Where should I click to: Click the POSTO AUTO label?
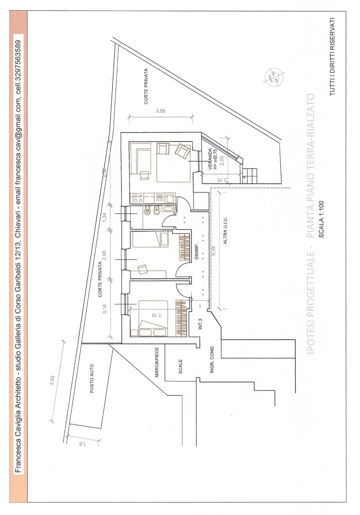coord(92,378)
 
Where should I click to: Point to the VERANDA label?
coord(210,159)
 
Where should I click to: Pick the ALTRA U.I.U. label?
coord(225,230)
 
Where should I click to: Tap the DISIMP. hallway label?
coord(197,251)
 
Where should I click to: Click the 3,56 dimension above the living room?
coord(160,111)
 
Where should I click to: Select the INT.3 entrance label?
coord(200,324)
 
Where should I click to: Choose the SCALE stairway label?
coord(180,366)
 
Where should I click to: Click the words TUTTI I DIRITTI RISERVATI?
coord(333,57)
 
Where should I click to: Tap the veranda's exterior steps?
coord(250,176)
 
